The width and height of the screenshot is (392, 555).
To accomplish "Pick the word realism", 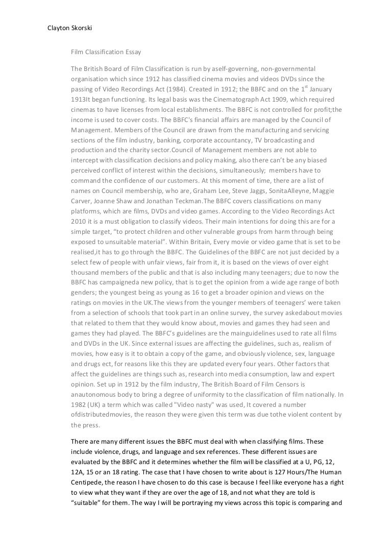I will click(304, 342).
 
